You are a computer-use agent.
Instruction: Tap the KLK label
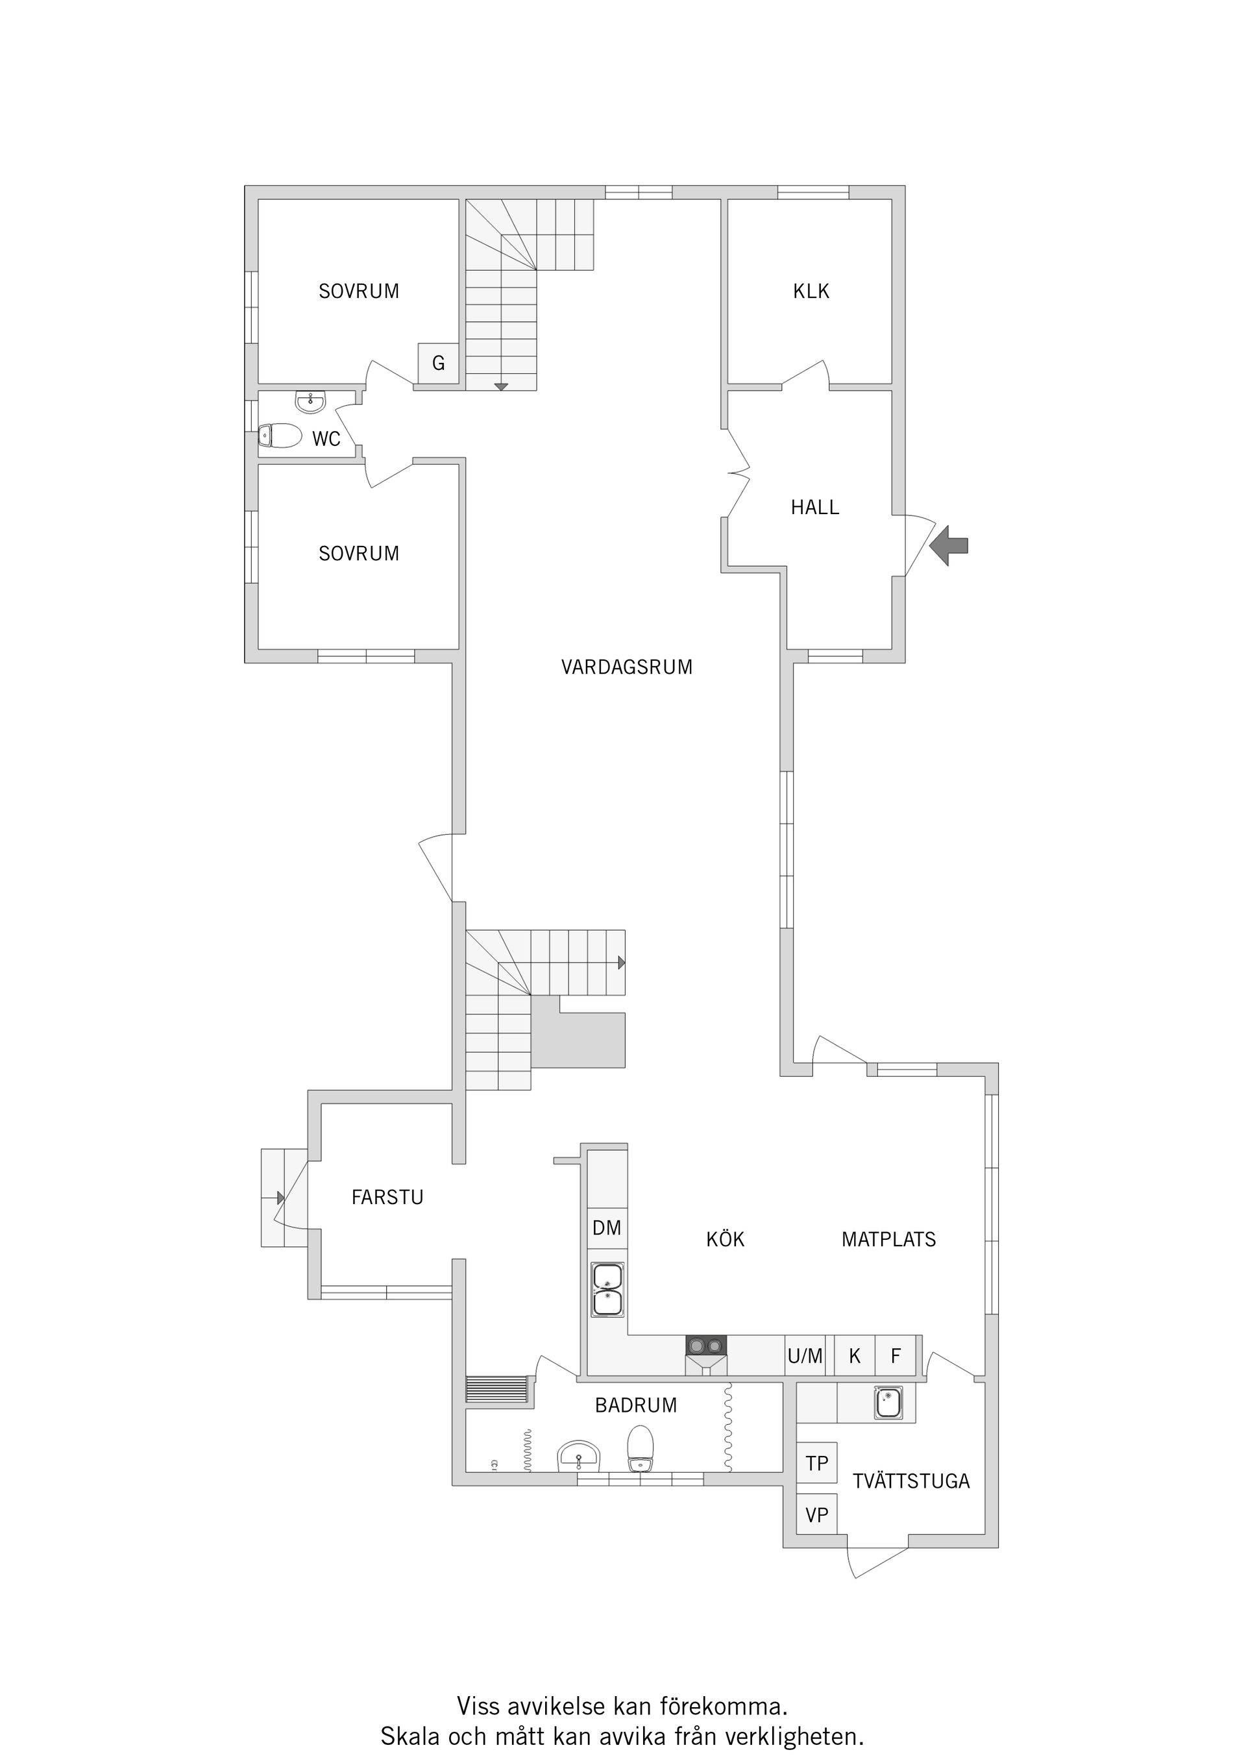(x=811, y=291)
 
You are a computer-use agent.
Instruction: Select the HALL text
(x=815, y=507)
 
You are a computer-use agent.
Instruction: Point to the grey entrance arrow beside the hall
(x=949, y=546)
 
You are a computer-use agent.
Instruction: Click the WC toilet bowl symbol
(x=280, y=436)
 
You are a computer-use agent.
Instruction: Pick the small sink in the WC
(x=311, y=401)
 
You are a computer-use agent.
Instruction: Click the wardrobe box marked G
(x=438, y=364)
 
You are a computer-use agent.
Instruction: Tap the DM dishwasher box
(x=607, y=1228)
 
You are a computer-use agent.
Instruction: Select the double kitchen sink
(x=607, y=1290)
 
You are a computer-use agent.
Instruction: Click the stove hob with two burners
(x=706, y=1345)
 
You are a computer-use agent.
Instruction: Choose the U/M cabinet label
(x=805, y=1356)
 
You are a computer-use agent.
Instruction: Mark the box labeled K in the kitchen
(x=855, y=1356)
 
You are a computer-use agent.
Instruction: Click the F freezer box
(x=895, y=1356)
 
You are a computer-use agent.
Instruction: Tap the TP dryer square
(x=817, y=1462)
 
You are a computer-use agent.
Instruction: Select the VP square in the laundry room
(x=817, y=1515)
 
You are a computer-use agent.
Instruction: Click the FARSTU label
(x=387, y=1197)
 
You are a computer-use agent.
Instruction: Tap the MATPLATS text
(x=889, y=1239)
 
